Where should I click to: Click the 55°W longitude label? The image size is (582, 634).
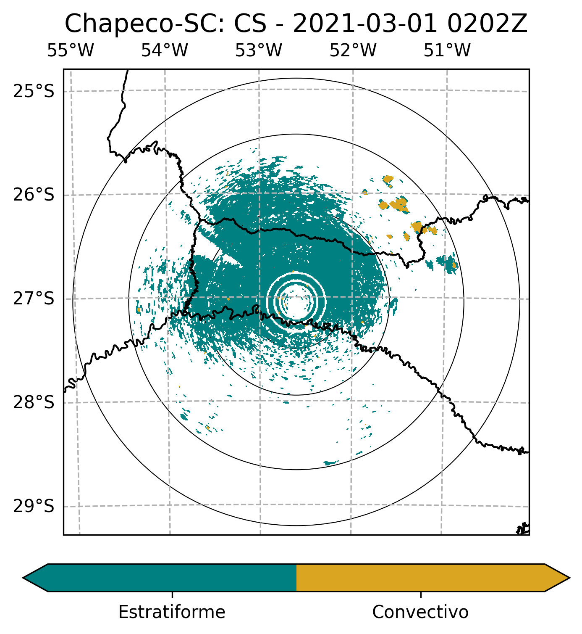[70, 50]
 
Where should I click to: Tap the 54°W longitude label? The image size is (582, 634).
[164, 50]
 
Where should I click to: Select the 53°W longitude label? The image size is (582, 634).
[258, 50]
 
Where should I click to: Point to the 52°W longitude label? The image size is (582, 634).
[353, 50]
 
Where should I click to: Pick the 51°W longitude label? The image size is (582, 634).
[447, 50]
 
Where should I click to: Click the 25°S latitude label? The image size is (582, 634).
[34, 91]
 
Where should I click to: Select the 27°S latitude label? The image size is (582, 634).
[34, 299]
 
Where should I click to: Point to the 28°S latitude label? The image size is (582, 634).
[34, 402]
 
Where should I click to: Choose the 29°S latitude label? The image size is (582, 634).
[34, 506]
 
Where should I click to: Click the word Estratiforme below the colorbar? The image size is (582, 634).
[172, 612]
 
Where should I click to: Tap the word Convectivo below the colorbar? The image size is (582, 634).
[420, 612]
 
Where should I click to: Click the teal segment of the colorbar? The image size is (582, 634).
[172, 578]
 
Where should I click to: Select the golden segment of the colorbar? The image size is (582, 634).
[420, 578]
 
